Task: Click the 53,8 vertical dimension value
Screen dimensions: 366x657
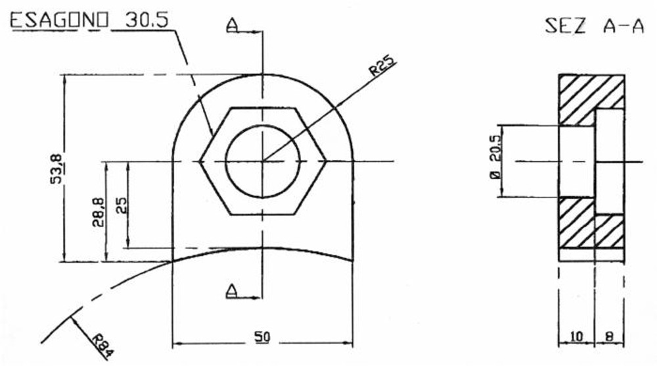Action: (57, 168)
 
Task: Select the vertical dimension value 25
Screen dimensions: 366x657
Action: (121, 205)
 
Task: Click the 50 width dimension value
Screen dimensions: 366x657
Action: (263, 337)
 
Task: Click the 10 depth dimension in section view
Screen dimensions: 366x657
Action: (576, 337)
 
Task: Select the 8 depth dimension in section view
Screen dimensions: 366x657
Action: (608, 337)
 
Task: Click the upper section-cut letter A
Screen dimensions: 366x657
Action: (231, 25)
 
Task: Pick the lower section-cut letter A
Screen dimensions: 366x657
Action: (231, 290)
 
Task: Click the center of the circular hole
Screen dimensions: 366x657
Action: (263, 161)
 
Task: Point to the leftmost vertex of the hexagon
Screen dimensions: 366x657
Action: (200, 161)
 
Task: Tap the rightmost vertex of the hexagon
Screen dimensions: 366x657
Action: (327, 161)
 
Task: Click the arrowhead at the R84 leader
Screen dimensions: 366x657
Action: (73, 319)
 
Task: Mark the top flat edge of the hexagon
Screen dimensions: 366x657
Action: (263, 107)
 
